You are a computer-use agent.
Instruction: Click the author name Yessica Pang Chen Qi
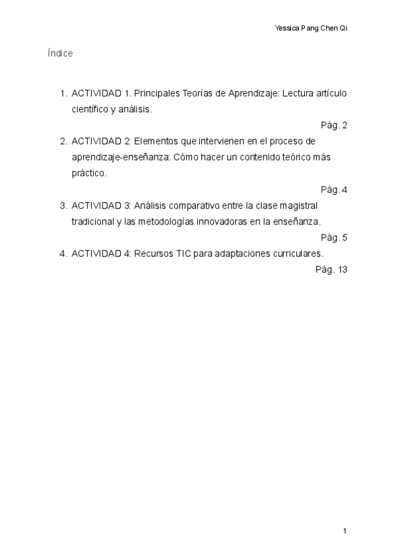pyautogui.click(x=310, y=28)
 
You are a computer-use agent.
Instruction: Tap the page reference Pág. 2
pyautogui.click(x=334, y=125)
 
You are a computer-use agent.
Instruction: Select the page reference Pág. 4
pyautogui.click(x=334, y=190)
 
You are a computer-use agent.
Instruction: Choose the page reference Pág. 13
pyautogui.click(x=331, y=269)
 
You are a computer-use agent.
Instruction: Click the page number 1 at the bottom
pyautogui.click(x=345, y=530)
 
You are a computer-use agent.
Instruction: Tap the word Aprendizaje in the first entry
pyautogui.click(x=254, y=93)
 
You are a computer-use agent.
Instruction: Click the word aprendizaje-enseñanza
pyautogui.click(x=121, y=158)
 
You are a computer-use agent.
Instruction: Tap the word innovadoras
pyautogui.click(x=222, y=222)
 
